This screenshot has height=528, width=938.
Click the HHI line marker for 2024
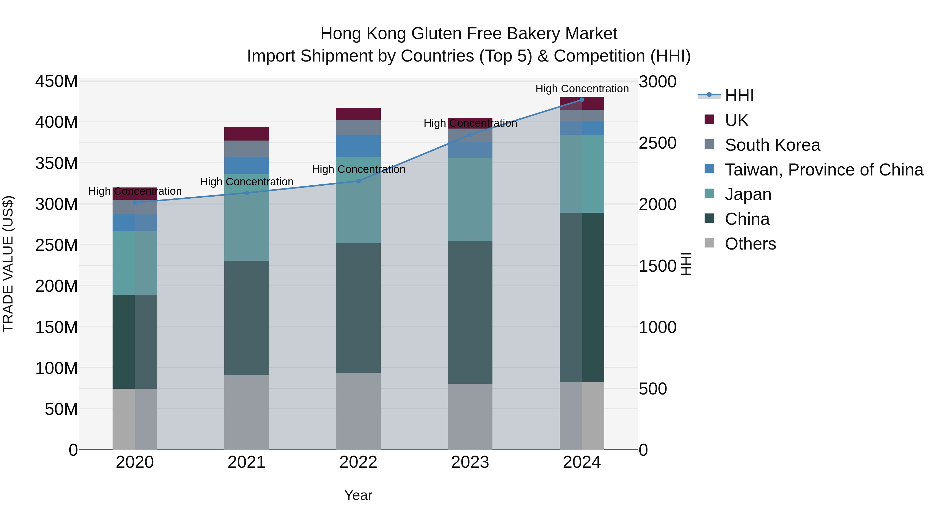[582, 100]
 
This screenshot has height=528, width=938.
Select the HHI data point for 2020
[135, 203]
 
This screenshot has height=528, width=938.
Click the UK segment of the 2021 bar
[246, 134]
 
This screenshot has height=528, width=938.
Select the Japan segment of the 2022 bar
[358, 200]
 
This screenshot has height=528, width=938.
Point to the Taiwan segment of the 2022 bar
[358, 146]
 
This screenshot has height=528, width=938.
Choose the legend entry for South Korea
[772, 145]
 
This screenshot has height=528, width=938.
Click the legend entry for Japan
[748, 194]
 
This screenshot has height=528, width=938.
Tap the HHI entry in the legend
[739, 95]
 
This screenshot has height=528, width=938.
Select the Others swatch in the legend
[709, 243]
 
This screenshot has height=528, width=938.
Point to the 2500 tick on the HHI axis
[658, 143]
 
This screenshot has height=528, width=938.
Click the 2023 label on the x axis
[470, 462]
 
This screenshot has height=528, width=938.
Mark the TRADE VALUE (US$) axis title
[8, 264]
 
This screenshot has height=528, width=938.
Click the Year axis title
[358, 495]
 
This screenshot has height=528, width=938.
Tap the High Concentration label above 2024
[582, 89]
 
